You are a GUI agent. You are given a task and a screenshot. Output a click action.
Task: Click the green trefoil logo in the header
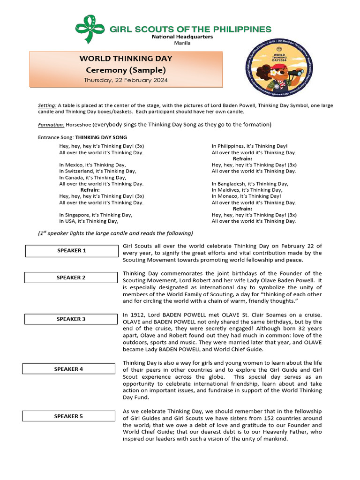coord(91,29)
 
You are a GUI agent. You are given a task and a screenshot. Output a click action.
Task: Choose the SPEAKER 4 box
coord(68,369)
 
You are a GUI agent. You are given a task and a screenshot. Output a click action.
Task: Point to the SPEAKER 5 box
coord(68,416)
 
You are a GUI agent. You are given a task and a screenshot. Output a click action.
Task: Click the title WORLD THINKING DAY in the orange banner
coord(126,59)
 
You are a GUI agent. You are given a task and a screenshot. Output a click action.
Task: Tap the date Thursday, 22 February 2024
coord(126,80)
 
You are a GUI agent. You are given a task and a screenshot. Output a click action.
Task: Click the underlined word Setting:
coord(47,105)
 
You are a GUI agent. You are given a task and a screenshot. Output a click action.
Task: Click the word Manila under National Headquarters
coord(182,43)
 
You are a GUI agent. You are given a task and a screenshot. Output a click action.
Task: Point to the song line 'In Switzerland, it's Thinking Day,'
coord(97,172)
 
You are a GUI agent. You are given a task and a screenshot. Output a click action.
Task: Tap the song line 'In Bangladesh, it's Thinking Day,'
coord(250,184)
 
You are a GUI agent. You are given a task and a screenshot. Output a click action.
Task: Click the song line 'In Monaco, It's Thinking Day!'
coord(246,196)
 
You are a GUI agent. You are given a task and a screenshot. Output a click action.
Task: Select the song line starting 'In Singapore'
coord(96,215)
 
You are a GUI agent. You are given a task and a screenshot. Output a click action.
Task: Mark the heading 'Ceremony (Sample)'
coord(126,70)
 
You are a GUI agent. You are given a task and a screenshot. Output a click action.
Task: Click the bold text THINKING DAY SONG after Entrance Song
coord(101,138)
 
